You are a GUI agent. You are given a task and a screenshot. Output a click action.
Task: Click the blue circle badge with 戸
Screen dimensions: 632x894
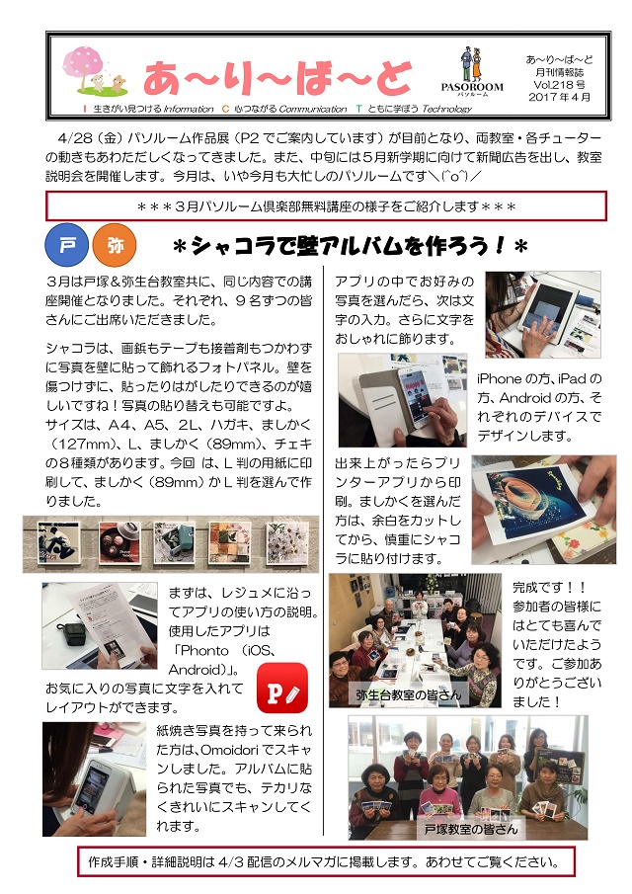67,245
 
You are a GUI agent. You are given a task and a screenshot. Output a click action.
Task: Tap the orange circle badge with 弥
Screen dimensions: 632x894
114,245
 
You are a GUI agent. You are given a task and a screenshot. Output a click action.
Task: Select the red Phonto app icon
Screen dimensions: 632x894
282,689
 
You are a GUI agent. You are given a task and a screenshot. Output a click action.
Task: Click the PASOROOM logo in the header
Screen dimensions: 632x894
472,72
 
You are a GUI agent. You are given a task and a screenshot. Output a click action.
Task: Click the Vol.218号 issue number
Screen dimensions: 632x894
559,84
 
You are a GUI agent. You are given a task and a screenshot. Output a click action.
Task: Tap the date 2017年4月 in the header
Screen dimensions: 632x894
559,97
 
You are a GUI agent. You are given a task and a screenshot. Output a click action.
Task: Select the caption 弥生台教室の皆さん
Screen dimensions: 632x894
408,695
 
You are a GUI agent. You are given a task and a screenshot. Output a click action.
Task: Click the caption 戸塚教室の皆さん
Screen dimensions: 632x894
471,829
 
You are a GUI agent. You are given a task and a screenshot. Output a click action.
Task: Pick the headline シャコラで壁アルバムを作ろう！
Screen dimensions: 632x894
350,246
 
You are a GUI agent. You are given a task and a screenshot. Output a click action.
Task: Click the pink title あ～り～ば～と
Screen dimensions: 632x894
277,77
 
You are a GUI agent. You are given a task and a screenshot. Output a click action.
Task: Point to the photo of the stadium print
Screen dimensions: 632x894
544,509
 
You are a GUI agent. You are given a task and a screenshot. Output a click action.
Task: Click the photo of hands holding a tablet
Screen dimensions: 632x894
542,314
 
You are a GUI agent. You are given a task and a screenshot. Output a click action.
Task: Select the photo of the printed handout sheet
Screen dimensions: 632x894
100,625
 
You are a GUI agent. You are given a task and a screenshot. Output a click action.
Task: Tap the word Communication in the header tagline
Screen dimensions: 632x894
312,109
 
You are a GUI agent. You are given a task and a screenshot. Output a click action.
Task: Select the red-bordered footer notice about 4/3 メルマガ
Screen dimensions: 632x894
326,861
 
